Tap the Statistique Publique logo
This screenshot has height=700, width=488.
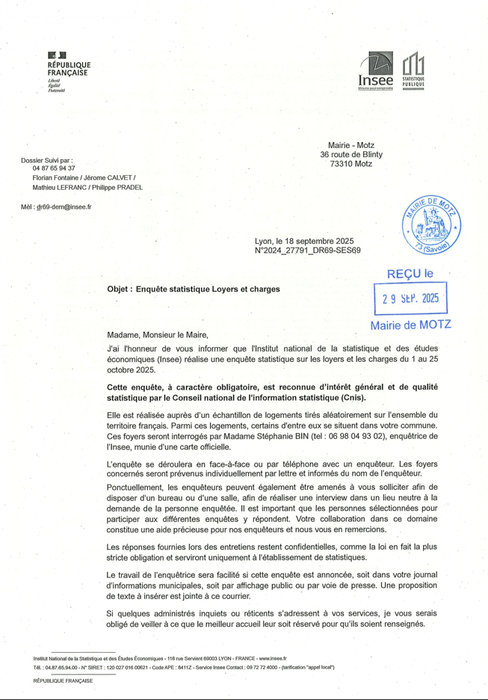coord(413,71)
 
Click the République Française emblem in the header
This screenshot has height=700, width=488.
coord(57,56)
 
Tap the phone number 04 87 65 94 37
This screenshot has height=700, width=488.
coord(54,168)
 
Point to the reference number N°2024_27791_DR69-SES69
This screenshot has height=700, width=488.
coord(308,251)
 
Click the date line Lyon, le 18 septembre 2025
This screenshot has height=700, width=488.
coord(303,241)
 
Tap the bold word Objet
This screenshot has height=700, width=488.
coord(120,288)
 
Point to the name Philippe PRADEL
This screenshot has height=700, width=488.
coord(118,188)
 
